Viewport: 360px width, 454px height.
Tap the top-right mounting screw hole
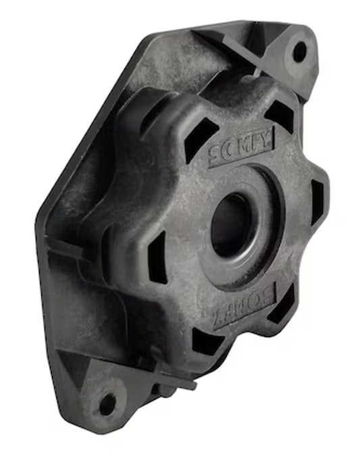(x=299, y=51)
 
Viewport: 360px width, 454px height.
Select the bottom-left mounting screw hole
(x=107, y=405)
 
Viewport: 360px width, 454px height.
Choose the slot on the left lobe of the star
(x=157, y=257)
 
